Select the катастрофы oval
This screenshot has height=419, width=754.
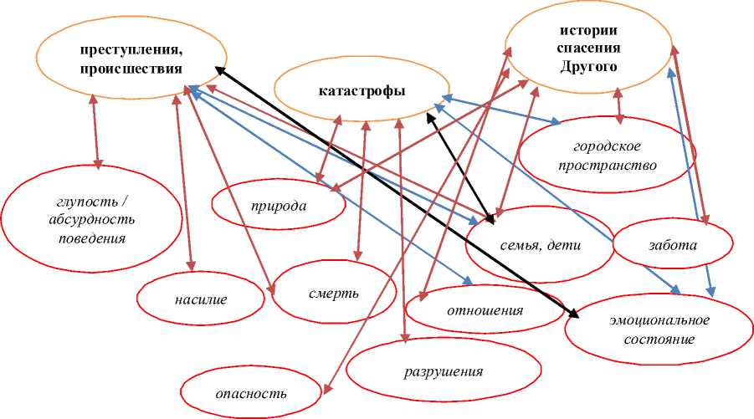click(x=362, y=90)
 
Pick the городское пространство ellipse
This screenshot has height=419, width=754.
click(x=608, y=154)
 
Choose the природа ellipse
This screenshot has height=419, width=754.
click(x=279, y=205)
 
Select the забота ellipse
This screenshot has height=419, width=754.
click(x=673, y=246)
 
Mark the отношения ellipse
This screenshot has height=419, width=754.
click(x=485, y=311)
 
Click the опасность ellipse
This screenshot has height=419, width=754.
click(x=251, y=392)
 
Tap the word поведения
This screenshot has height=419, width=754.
click(x=81, y=238)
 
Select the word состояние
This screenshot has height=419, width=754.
click(x=649, y=340)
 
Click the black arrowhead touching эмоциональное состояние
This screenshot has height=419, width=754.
click(x=574, y=314)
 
